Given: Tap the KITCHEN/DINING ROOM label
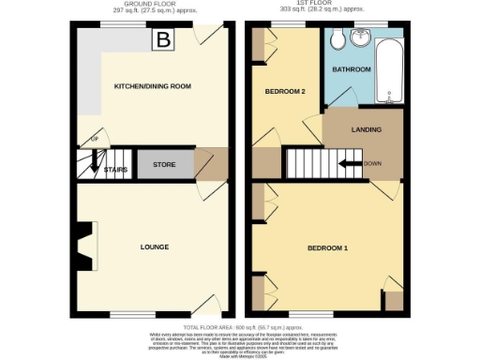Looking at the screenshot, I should pyautogui.click(x=152, y=86).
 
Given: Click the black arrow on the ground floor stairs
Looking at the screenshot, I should pyautogui.click(x=93, y=166).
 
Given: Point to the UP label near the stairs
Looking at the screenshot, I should pyautogui.click(x=93, y=141).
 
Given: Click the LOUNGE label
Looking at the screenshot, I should pyautogui.click(x=154, y=247).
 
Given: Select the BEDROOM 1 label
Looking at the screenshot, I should pyautogui.click(x=327, y=248).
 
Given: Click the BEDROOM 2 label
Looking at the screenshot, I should pyautogui.click(x=286, y=92).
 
